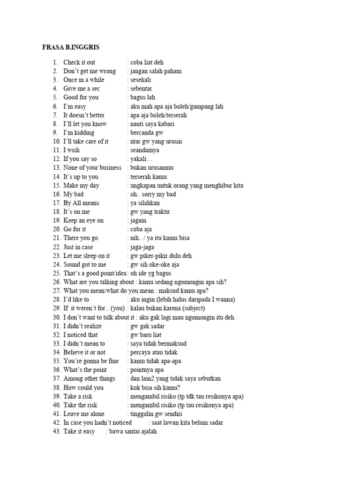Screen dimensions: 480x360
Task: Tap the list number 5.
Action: pos(55,97)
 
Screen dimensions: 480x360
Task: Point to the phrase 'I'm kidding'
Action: pos(79,133)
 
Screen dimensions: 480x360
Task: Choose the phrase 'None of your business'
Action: pos(92,168)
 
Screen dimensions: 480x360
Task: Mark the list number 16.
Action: pos(56,194)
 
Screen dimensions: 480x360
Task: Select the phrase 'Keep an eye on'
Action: pos(83,220)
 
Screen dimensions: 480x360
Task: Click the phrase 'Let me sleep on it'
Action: pos(87,256)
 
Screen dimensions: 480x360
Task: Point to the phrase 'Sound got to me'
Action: pos(85,265)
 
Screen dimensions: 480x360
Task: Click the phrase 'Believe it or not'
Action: pos(84,352)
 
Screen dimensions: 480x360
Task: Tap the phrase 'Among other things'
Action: pos(89,379)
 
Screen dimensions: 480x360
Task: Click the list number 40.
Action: pos(56,405)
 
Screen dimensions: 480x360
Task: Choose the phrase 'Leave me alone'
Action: pos(84,414)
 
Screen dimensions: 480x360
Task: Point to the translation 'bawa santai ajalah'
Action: pos(133,432)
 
